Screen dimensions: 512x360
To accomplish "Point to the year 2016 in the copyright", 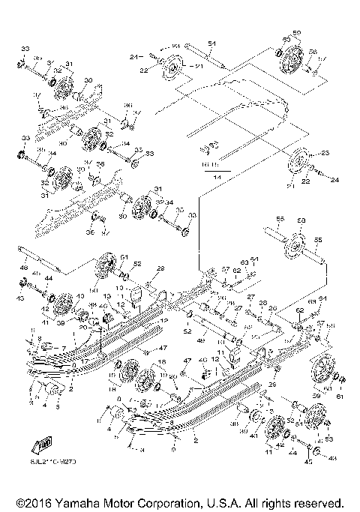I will point(37,502).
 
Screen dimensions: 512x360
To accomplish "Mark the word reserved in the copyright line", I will point(318,502).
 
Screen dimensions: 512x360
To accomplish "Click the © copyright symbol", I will point(17,502).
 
